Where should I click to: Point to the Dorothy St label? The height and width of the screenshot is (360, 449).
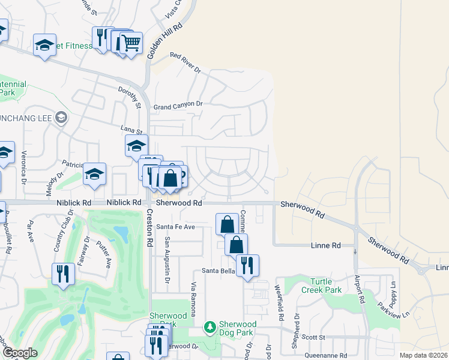[x=129, y=97]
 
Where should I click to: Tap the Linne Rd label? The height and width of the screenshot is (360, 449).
[x=326, y=245]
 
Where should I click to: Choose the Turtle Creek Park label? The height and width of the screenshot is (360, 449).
[x=325, y=286]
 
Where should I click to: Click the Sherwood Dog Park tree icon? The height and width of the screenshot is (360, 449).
[x=209, y=327]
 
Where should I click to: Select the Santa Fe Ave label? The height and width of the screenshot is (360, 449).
[x=176, y=227]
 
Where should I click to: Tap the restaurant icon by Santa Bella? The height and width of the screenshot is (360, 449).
[x=247, y=265]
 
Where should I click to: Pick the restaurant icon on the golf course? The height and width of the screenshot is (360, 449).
[x=63, y=274]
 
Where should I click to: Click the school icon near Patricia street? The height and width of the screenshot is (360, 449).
[x=95, y=174]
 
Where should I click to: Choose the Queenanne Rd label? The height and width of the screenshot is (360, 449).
[x=327, y=355]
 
